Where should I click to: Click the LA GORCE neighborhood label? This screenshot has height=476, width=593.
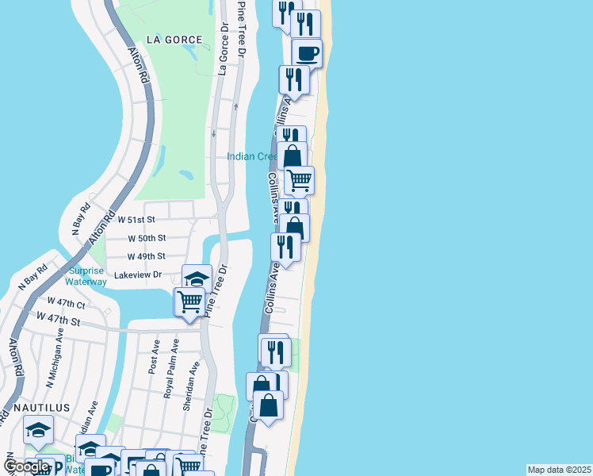pyautogui.click(x=174, y=40)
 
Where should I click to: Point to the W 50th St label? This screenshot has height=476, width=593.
pyautogui.click(x=147, y=238)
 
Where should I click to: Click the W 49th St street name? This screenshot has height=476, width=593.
pyautogui.click(x=147, y=256)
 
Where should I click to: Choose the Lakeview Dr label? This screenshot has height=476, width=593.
pyautogui.click(x=138, y=274)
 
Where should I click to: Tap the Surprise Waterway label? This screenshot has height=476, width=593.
pyautogui.click(x=86, y=276)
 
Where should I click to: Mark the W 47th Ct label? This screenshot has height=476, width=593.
pyautogui.click(x=66, y=302)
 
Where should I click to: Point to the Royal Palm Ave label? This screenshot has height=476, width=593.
pyautogui.click(x=168, y=370)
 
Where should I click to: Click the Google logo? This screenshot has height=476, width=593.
pyautogui.click(x=26, y=466)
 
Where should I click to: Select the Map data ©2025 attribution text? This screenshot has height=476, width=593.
pyautogui.click(x=560, y=470)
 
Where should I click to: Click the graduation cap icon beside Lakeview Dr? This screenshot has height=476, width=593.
pyautogui.click(x=197, y=278)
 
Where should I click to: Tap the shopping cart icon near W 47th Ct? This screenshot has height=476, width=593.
pyautogui.click(x=189, y=301)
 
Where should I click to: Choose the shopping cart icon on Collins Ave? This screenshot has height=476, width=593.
pyautogui.click(x=299, y=180)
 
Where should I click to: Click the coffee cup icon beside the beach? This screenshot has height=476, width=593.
pyautogui.click(x=307, y=53)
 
